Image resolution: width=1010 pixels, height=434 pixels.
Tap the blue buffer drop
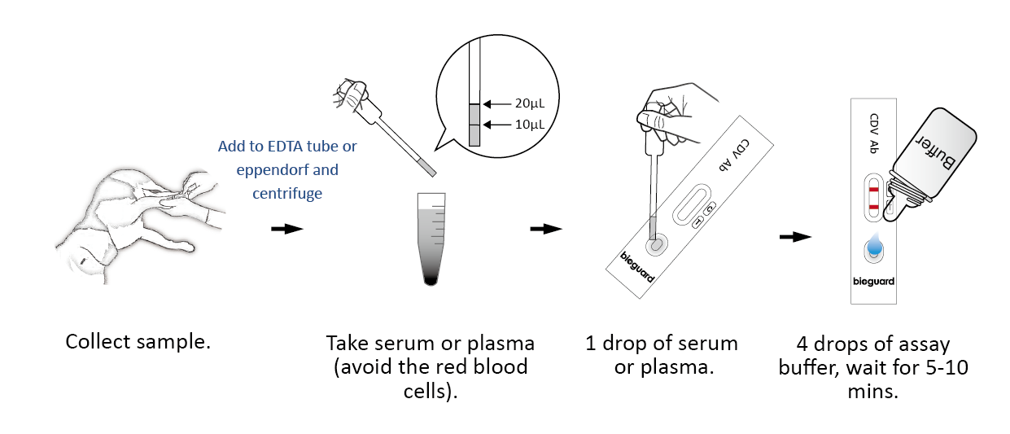click(x=874, y=244)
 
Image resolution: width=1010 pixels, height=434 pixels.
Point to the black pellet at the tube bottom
click(x=431, y=281)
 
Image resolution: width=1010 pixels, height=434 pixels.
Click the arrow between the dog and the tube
click(x=286, y=229)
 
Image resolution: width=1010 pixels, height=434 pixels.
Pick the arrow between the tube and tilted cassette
click(x=546, y=229)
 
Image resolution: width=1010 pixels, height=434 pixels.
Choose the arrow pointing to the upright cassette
click(x=795, y=237)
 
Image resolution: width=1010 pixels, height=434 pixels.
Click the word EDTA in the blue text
click(x=282, y=147)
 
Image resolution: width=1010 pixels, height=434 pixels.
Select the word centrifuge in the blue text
click(x=288, y=195)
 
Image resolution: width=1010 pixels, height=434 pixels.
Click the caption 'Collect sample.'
click(x=138, y=341)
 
